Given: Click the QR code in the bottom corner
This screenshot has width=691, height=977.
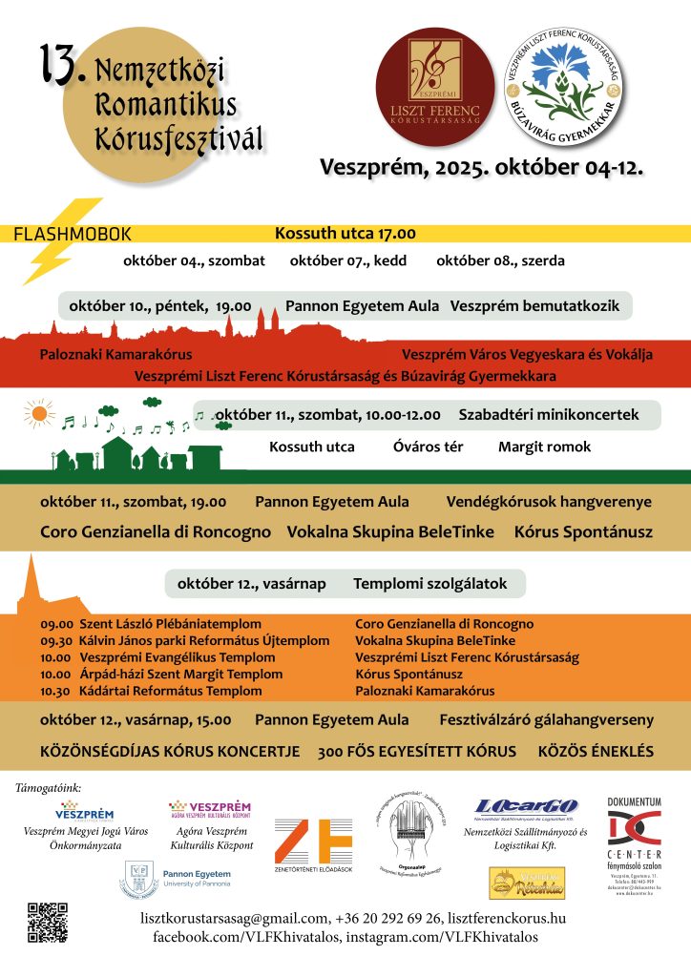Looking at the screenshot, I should tap(46, 922).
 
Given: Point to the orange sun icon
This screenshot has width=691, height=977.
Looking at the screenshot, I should tap(38, 414).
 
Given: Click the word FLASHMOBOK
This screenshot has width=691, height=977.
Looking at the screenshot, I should tap(73, 235).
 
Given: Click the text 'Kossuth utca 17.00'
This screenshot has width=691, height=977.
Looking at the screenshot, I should tap(345, 233).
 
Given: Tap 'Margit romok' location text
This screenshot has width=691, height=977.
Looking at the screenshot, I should tap(544, 447).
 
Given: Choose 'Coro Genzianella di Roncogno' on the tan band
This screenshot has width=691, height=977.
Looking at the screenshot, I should tap(156, 531).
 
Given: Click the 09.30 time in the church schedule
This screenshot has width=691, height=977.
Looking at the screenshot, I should tap(56, 641).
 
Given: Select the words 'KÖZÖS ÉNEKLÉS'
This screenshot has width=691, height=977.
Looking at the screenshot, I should tap(597, 751).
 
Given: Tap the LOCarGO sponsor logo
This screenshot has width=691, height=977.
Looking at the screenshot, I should tap(527, 807).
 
